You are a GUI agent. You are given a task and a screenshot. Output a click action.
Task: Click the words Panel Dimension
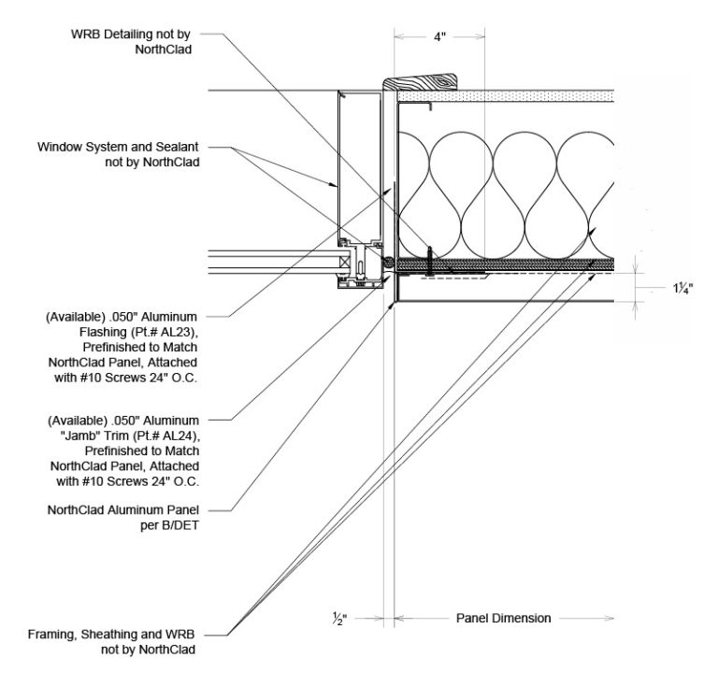(504, 618)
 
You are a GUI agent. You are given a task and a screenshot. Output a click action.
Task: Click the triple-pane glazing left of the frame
(271, 265)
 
